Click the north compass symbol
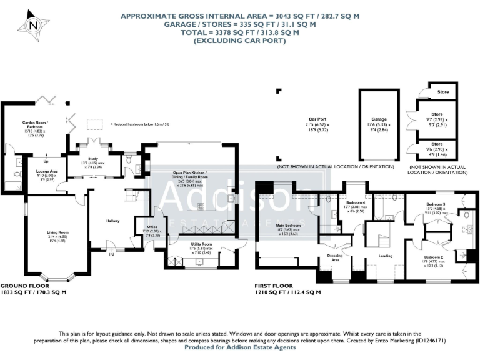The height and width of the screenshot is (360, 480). pyautogui.click(x=33, y=26)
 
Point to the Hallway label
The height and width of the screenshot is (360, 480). pyautogui.click(x=112, y=221)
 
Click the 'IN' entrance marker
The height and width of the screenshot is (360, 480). pyautogui.click(x=112, y=255)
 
